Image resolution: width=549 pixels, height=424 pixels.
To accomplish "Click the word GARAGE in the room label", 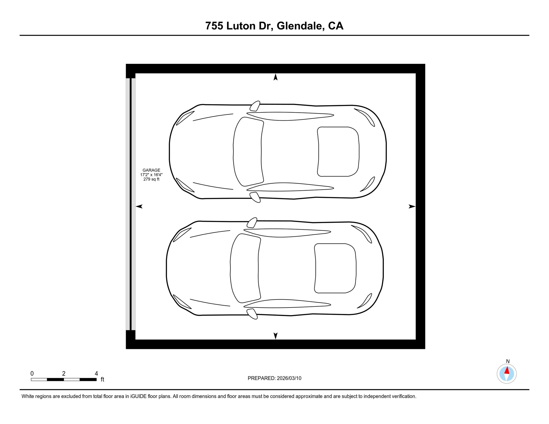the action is point(151,170).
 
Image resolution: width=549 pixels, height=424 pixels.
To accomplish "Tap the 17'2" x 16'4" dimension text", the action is point(151,175).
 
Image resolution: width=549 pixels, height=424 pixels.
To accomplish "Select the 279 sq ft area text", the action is point(151,179).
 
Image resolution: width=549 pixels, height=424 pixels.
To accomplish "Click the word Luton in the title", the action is point(241,26).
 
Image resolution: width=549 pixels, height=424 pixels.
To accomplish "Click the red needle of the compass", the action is point(507,370).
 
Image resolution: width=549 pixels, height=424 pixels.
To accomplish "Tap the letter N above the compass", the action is point(508,361).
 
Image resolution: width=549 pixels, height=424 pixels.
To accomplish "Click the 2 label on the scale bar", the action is point(64,373).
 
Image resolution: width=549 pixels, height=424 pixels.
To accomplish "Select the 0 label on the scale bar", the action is point(32,373).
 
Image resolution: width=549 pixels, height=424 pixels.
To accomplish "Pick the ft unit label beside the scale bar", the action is point(102,380).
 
